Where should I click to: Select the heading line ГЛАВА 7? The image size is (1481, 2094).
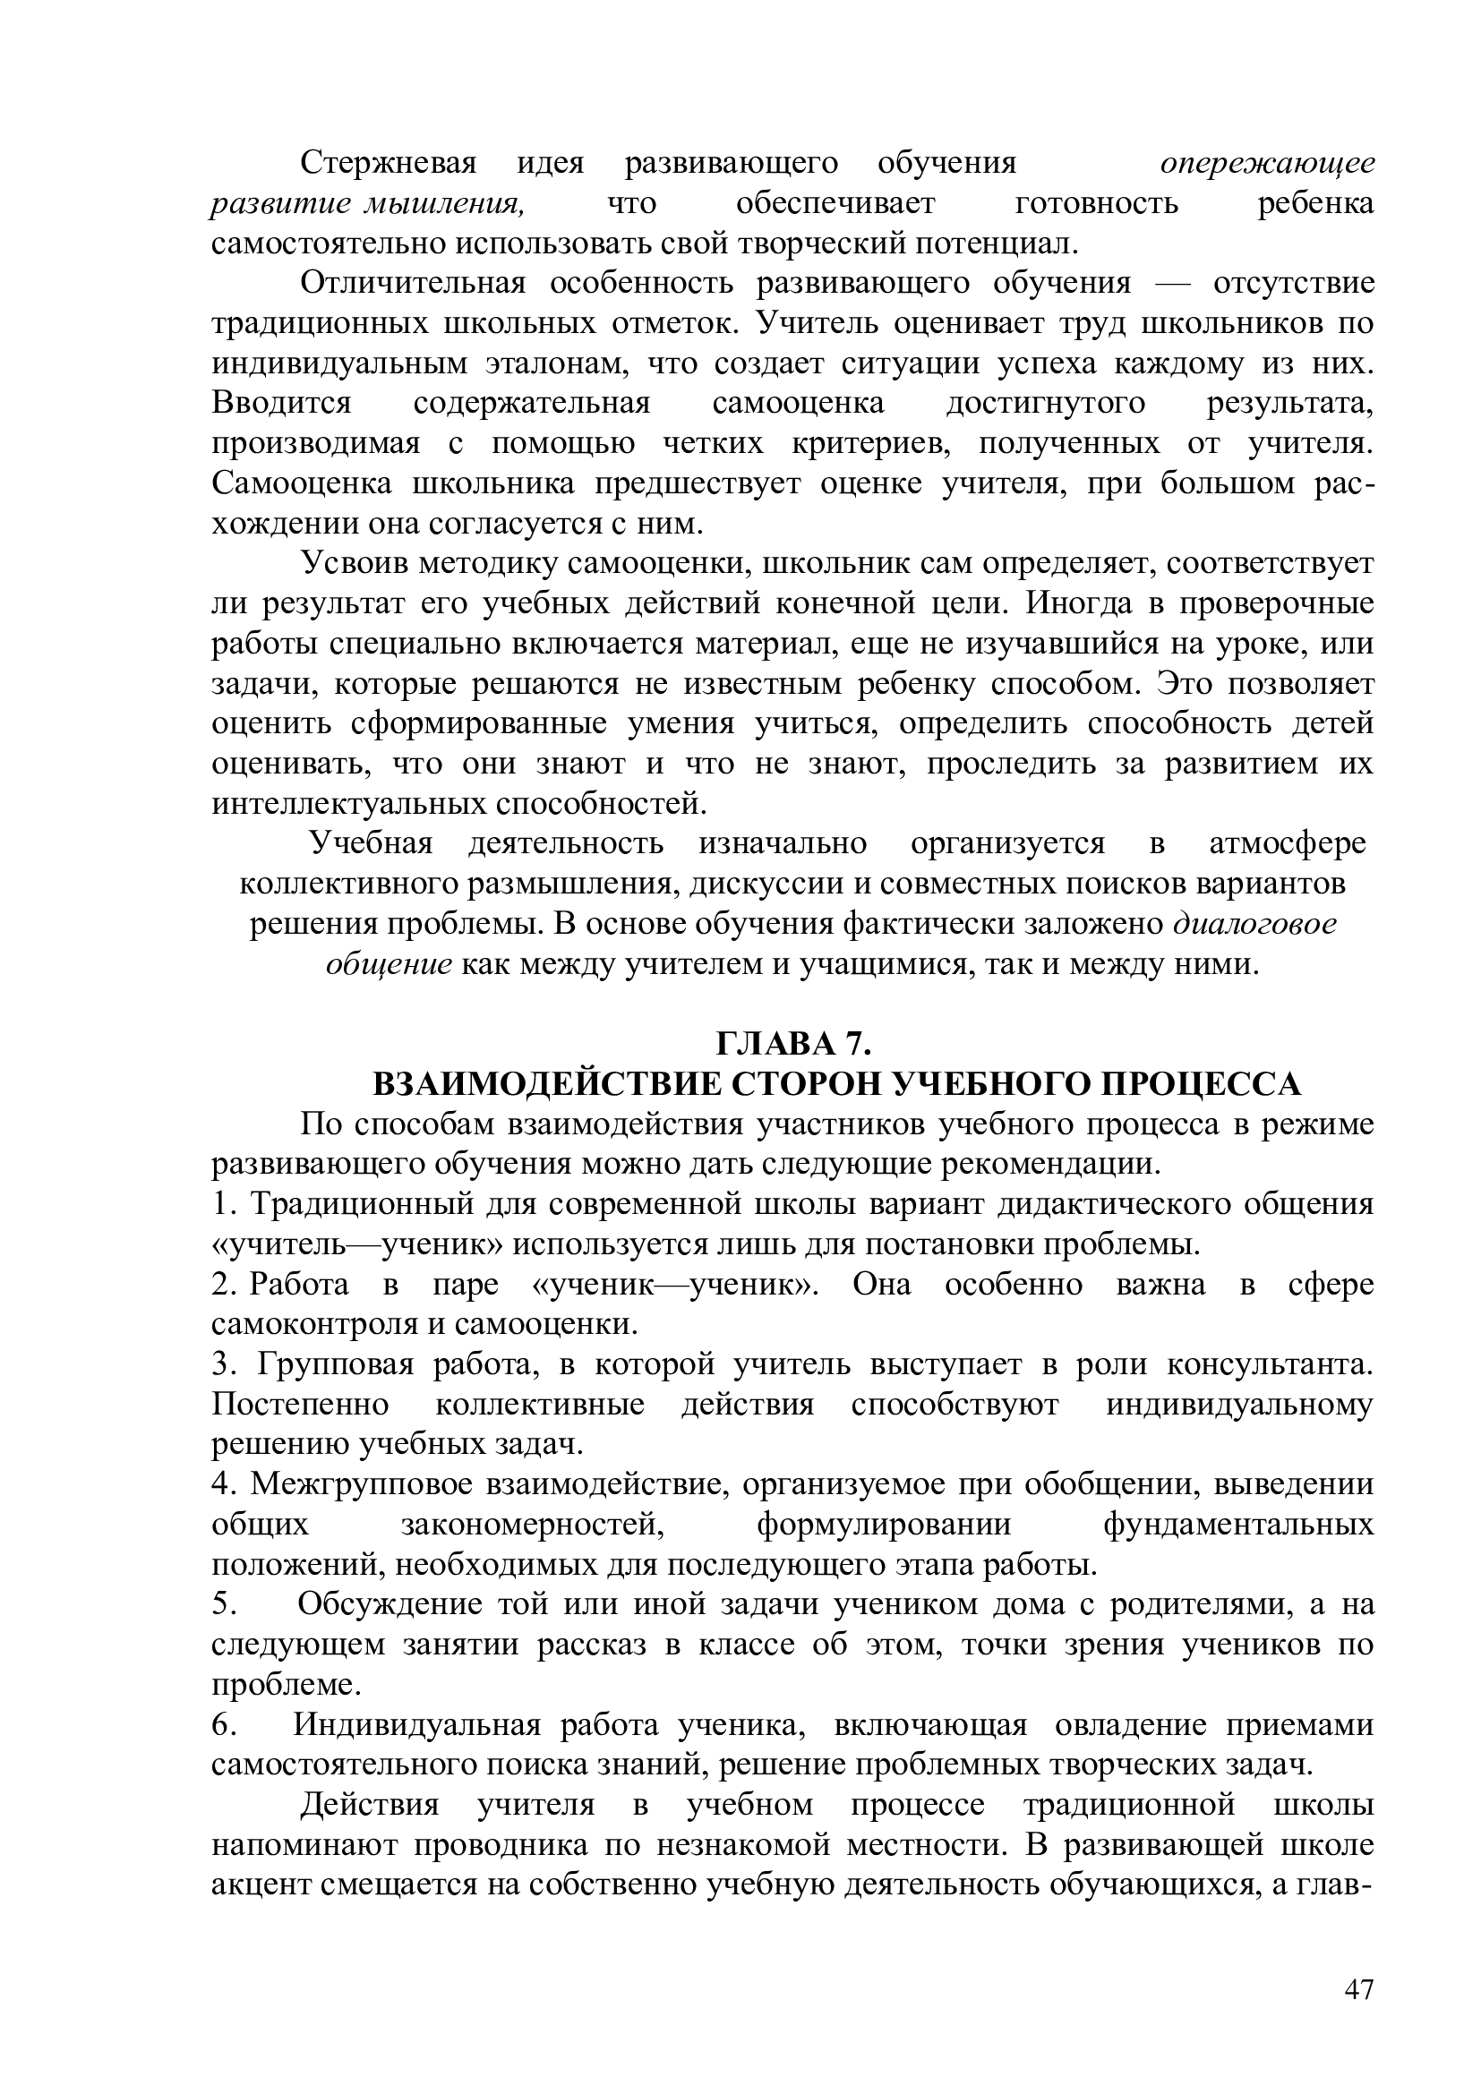(794, 1043)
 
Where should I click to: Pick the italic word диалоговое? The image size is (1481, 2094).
(1254, 924)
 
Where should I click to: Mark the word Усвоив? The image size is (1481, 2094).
(355, 564)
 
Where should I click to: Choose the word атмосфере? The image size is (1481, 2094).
(1287, 843)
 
